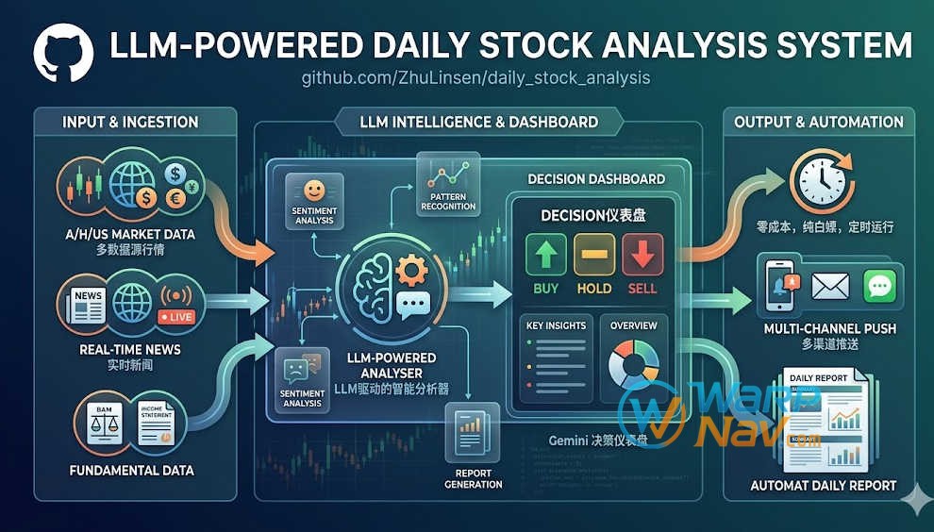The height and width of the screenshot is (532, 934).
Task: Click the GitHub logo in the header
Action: (63, 53)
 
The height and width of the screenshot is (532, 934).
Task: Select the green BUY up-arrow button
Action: (545, 255)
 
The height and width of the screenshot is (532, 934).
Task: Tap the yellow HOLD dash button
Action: (594, 255)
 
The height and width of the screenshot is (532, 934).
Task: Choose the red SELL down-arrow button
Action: (642, 255)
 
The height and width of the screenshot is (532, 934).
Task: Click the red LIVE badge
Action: (176, 317)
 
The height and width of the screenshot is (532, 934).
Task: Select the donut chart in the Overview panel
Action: (633, 362)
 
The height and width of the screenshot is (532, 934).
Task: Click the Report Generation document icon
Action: (473, 432)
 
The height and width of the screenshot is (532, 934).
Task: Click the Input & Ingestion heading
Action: (130, 122)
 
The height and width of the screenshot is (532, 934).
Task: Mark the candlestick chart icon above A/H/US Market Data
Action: (86, 185)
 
